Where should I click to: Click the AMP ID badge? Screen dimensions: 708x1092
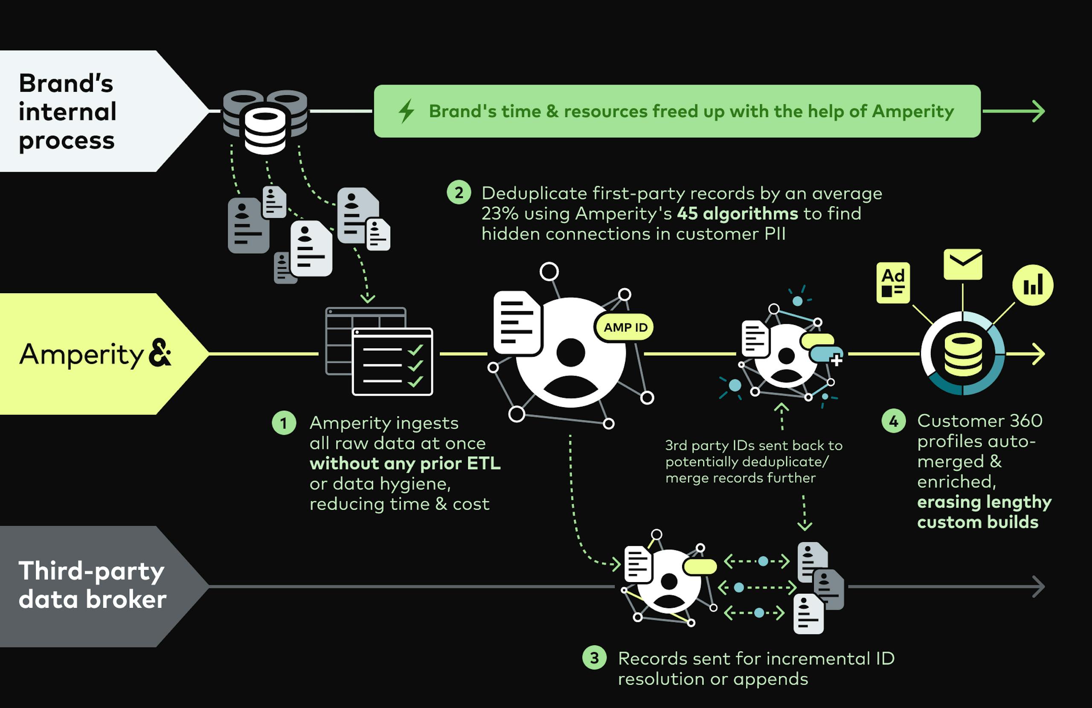click(x=625, y=327)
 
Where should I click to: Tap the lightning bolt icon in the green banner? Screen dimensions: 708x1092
click(x=406, y=111)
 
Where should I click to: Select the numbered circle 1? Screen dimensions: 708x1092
click(x=284, y=423)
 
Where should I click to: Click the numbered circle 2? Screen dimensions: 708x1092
click(x=459, y=193)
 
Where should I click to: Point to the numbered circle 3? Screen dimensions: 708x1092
click(x=594, y=658)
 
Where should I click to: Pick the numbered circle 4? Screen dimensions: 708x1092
click(x=893, y=421)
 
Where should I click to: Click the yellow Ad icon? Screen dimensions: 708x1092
click(x=893, y=283)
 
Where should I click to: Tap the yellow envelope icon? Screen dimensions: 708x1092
click(x=963, y=264)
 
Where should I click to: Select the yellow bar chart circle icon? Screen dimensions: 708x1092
click(x=1032, y=285)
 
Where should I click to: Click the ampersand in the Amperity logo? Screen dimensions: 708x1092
click(x=160, y=353)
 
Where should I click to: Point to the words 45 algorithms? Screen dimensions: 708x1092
click(x=738, y=213)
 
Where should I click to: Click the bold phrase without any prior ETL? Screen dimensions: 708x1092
click(x=405, y=463)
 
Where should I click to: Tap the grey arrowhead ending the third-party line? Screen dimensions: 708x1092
click(x=1039, y=586)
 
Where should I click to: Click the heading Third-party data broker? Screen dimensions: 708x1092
click(x=92, y=586)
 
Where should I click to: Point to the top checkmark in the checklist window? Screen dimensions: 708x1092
click(x=415, y=350)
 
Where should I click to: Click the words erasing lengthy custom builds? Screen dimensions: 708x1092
click(x=983, y=512)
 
